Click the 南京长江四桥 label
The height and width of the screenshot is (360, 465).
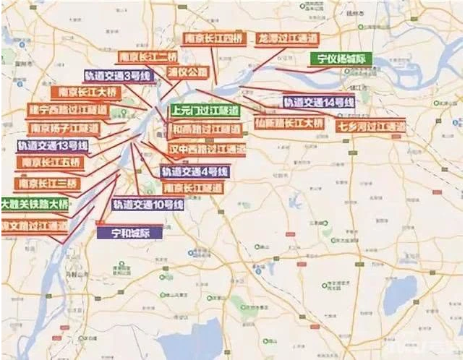(x=213, y=39)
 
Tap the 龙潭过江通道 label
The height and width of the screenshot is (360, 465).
(x=283, y=39)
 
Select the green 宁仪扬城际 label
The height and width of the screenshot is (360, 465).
(x=341, y=59)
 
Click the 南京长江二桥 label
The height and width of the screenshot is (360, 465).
(x=149, y=56)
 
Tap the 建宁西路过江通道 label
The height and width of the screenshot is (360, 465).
(x=68, y=111)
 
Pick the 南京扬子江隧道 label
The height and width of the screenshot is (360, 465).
(x=63, y=128)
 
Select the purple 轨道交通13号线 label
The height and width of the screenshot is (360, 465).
(x=53, y=146)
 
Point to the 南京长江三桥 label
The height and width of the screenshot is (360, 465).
(x=45, y=184)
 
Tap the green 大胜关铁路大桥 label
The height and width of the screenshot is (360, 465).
(x=35, y=204)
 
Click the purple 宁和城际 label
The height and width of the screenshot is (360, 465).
(x=129, y=233)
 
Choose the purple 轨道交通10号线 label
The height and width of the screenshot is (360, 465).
(x=148, y=205)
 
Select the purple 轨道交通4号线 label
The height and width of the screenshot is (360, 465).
(x=195, y=172)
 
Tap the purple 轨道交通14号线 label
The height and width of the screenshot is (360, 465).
(x=319, y=103)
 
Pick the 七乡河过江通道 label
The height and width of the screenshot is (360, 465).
(x=371, y=127)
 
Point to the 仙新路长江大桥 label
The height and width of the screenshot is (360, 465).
(x=289, y=124)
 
